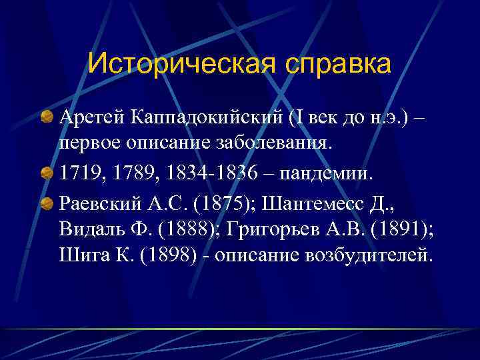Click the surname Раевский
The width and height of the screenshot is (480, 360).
tap(97, 203)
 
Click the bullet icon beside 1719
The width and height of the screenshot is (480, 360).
tap(47, 173)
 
